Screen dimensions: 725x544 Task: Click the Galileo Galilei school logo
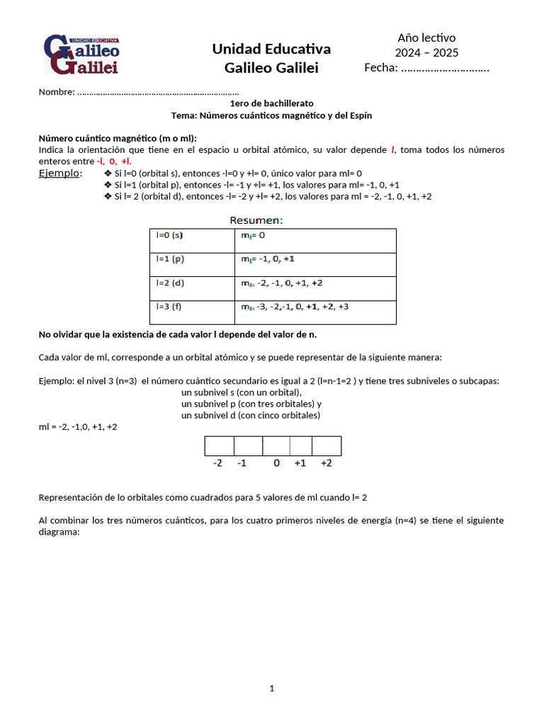[x=81, y=54]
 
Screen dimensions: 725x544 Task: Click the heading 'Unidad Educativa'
[x=271, y=49]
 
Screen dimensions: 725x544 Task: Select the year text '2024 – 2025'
[x=426, y=52]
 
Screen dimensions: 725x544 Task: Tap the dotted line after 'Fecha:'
[x=445, y=69]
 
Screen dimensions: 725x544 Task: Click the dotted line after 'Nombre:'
[x=158, y=92]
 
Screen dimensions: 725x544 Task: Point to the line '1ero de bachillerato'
[x=271, y=103]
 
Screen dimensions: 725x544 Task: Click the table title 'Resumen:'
[x=256, y=220]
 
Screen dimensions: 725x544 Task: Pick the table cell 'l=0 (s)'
[x=192, y=240]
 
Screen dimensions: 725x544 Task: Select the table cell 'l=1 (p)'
[x=192, y=264]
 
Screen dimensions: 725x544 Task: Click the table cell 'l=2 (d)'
[x=192, y=288]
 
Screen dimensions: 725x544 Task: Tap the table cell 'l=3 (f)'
[x=192, y=312]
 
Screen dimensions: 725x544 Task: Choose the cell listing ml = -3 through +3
[x=314, y=312]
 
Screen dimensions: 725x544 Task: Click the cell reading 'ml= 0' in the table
[x=314, y=240]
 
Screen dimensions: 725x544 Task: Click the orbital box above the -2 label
[x=219, y=445]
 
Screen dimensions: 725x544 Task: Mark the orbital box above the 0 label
[x=276, y=445]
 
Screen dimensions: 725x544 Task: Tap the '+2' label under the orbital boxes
[x=327, y=463]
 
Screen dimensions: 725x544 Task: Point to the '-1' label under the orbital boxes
[x=242, y=463]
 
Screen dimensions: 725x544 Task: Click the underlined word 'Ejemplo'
[x=59, y=173]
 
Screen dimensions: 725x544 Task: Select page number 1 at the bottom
[x=271, y=688]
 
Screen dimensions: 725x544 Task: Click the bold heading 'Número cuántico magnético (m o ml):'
[x=118, y=138]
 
